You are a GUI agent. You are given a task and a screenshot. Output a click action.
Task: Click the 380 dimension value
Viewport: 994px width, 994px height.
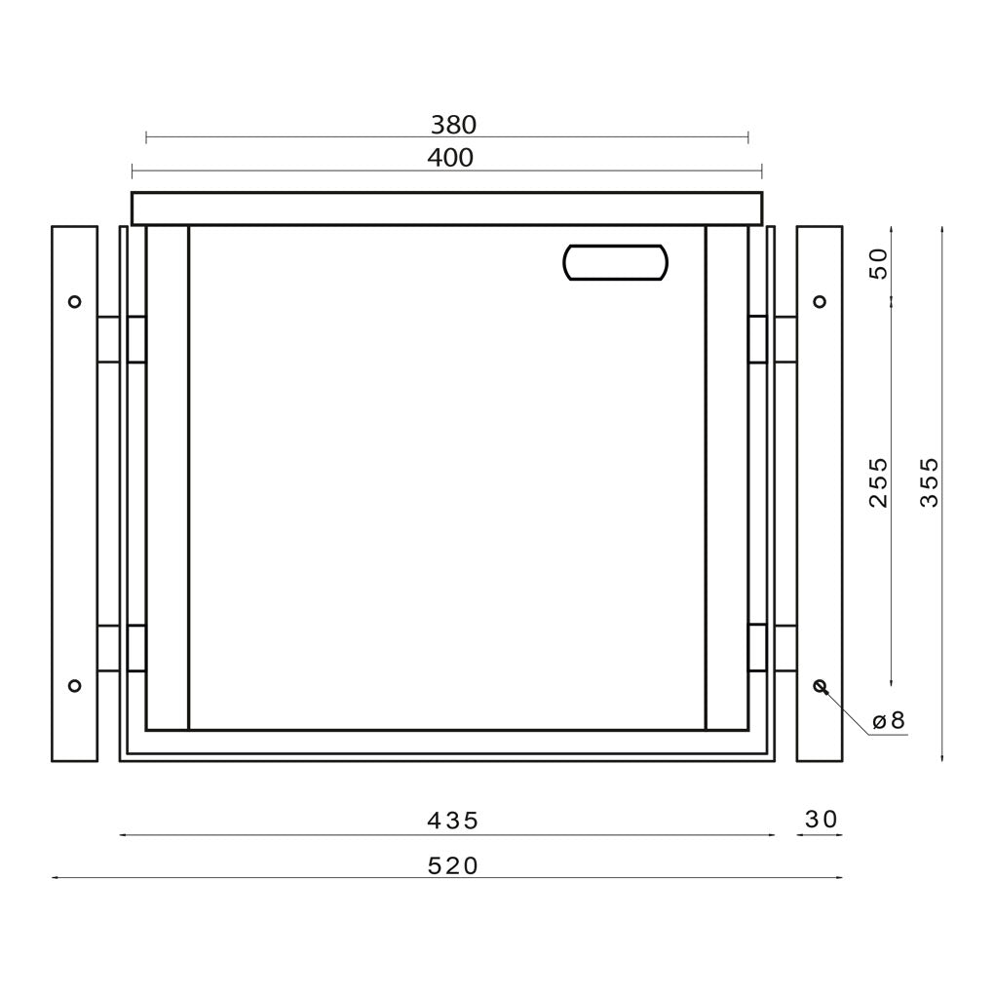pyautogui.click(x=453, y=125)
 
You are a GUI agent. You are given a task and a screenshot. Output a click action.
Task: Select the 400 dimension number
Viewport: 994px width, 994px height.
pyautogui.click(x=450, y=158)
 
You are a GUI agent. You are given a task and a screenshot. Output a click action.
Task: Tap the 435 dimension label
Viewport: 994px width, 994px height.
pyautogui.click(x=452, y=821)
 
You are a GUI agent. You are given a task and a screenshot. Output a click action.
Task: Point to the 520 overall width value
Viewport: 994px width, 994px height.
pyautogui.click(x=452, y=865)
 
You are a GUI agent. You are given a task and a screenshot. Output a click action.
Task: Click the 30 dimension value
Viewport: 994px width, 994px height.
pyautogui.click(x=821, y=820)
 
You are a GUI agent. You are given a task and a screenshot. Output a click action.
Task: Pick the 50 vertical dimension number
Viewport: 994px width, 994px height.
pyautogui.click(x=878, y=264)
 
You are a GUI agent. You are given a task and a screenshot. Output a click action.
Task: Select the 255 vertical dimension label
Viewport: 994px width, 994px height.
pyautogui.click(x=878, y=482)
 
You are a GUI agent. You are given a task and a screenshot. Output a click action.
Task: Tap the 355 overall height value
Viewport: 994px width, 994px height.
pyautogui.click(x=929, y=482)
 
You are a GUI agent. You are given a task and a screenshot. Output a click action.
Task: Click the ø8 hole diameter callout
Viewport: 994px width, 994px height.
pyautogui.click(x=889, y=721)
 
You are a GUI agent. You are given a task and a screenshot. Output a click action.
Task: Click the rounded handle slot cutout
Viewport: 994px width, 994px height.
pyautogui.click(x=616, y=262)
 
